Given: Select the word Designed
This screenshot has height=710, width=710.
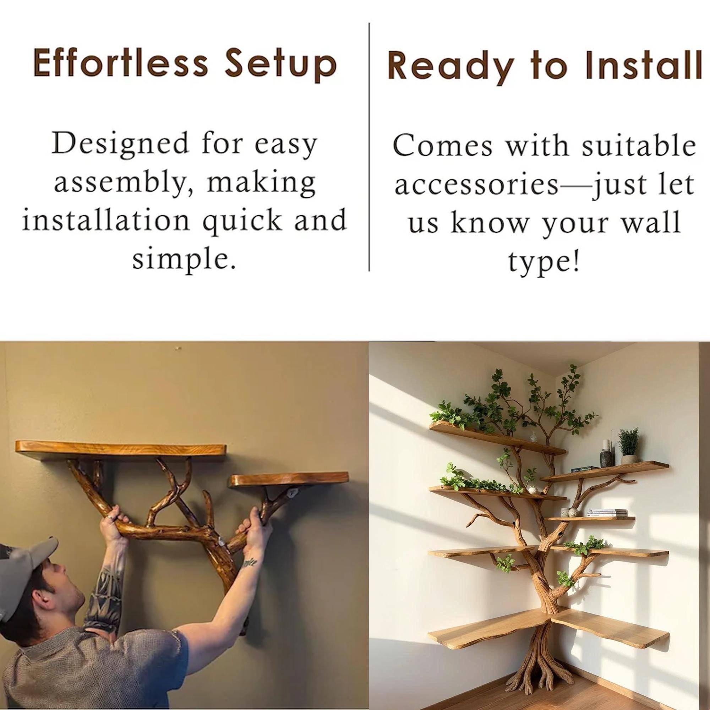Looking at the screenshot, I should (119, 144).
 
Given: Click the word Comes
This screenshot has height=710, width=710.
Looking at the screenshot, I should (442, 146).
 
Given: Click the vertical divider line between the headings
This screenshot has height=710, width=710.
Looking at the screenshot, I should (369, 147).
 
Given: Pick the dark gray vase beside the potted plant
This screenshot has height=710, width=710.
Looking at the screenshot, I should (606, 457).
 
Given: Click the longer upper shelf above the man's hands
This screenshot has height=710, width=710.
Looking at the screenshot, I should (121, 450).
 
